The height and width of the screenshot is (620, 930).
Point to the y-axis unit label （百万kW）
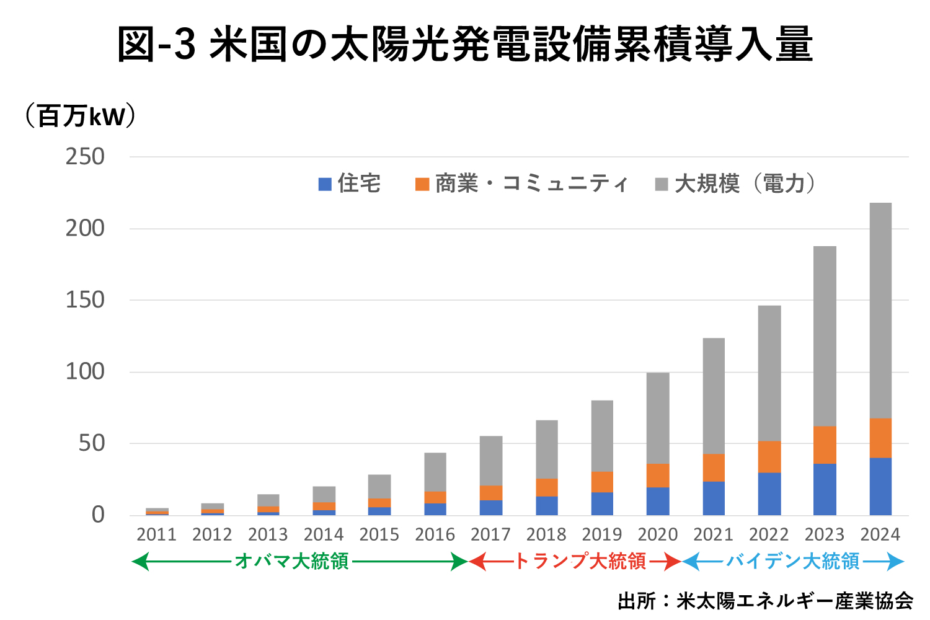[x=81, y=116]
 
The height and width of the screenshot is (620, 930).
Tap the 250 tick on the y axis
[x=86, y=157]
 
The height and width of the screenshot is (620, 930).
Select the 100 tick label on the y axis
[x=86, y=372]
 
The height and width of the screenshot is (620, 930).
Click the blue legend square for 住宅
[x=325, y=184]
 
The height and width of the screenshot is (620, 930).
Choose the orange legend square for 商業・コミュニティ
[x=422, y=184]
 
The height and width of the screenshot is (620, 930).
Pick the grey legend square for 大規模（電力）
[x=662, y=184]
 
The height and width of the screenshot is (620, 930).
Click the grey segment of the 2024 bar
[x=880, y=310]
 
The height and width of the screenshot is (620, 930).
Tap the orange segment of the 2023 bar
[x=825, y=445]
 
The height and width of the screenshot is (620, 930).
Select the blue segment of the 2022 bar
[x=769, y=494]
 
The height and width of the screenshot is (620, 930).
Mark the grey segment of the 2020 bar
[x=658, y=418]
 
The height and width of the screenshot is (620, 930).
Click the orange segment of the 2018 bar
[x=547, y=487]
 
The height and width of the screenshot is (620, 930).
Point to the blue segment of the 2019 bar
[x=602, y=503]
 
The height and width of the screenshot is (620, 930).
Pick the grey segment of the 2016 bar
[x=435, y=472]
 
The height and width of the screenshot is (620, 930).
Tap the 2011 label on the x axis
[x=156, y=534]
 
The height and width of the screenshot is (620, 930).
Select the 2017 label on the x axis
[x=490, y=534]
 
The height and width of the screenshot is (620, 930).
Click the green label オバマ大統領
[x=291, y=562]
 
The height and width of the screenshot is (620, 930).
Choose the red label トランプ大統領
[x=580, y=562]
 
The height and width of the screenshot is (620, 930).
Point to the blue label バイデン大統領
[x=793, y=562]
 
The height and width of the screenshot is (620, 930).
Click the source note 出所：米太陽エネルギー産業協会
[x=765, y=601]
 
